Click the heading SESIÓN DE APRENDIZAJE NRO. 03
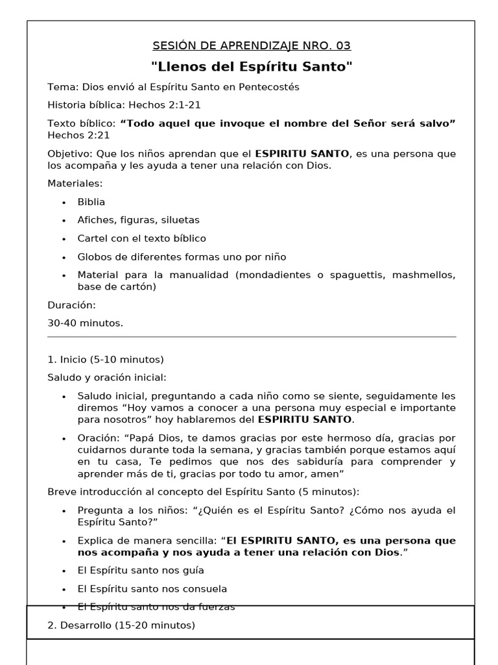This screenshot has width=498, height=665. (252, 45)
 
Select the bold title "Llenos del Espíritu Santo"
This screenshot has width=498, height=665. (252, 66)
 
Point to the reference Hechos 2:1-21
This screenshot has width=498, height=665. (169, 105)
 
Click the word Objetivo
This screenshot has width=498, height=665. (70, 154)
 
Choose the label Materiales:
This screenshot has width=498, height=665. (75, 184)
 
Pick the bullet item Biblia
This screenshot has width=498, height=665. (91, 202)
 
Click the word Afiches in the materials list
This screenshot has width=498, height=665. (96, 220)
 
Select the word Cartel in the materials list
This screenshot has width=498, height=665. (92, 238)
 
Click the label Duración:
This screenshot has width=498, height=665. (71, 305)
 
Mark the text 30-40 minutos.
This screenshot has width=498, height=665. (85, 323)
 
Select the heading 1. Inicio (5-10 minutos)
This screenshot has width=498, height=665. (106, 359)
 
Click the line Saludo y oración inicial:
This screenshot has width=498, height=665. (107, 377)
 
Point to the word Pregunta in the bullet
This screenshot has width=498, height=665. (100, 510)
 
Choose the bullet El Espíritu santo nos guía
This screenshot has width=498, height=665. (141, 571)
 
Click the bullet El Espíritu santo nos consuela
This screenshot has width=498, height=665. (152, 589)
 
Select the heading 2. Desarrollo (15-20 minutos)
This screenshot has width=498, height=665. (121, 625)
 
